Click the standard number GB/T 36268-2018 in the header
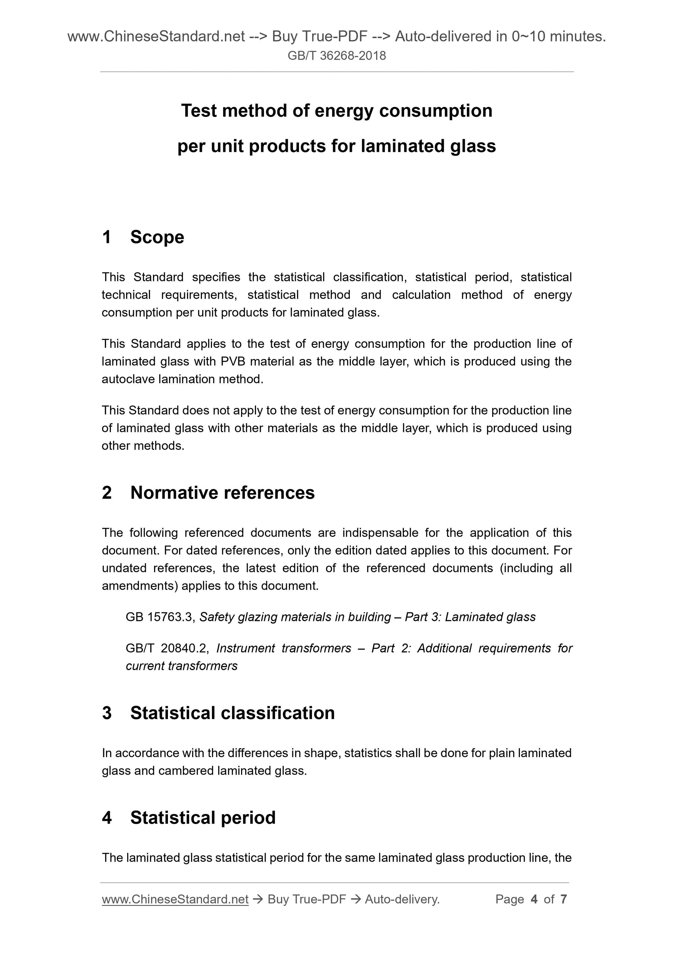tap(336, 56)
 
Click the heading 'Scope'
tap(157, 237)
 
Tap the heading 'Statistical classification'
tap(232, 713)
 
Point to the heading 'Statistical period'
tap(203, 818)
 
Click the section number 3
tap(107, 713)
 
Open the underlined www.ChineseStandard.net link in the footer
tap(175, 900)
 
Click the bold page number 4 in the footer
tap(534, 900)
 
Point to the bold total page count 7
tap(564, 900)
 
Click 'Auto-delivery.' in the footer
tap(402, 900)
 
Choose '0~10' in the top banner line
tap(528, 37)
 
